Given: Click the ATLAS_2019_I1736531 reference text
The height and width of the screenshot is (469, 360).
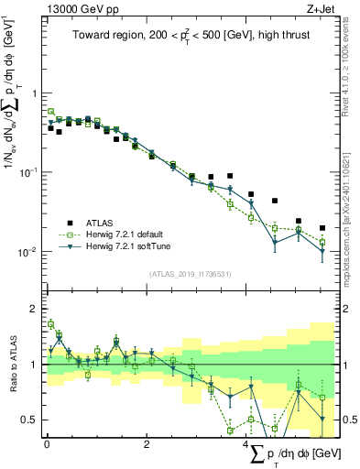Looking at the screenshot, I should click(x=191, y=273).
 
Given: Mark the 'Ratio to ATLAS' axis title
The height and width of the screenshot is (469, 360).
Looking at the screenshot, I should click(x=12, y=364).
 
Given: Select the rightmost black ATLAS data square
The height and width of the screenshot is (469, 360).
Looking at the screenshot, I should click(x=322, y=228).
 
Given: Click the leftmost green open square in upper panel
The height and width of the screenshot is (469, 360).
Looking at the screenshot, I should click(x=50, y=112).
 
